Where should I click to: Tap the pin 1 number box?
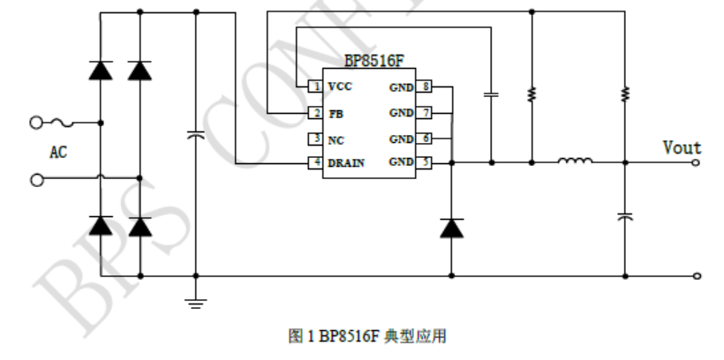click(x=314, y=87)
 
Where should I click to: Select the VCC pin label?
click(x=339, y=87)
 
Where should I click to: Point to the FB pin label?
click(x=335, y=113)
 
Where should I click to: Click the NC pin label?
click(x=336, y=139)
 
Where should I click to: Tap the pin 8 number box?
click(x=426, y=87)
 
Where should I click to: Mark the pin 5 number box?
click(x=426, y=163)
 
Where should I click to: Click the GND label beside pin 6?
click(x=402, y=139)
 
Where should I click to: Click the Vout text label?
click(x=682, y=147)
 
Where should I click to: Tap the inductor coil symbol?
click(x=575, y=161)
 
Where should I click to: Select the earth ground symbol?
click(x=195, y=302)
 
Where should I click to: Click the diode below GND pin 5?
click(x=451, y=228)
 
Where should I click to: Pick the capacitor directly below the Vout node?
click(x=624, y=215)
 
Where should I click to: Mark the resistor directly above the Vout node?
click(x=624, y=94)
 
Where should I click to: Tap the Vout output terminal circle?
click(x=698, y=162)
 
